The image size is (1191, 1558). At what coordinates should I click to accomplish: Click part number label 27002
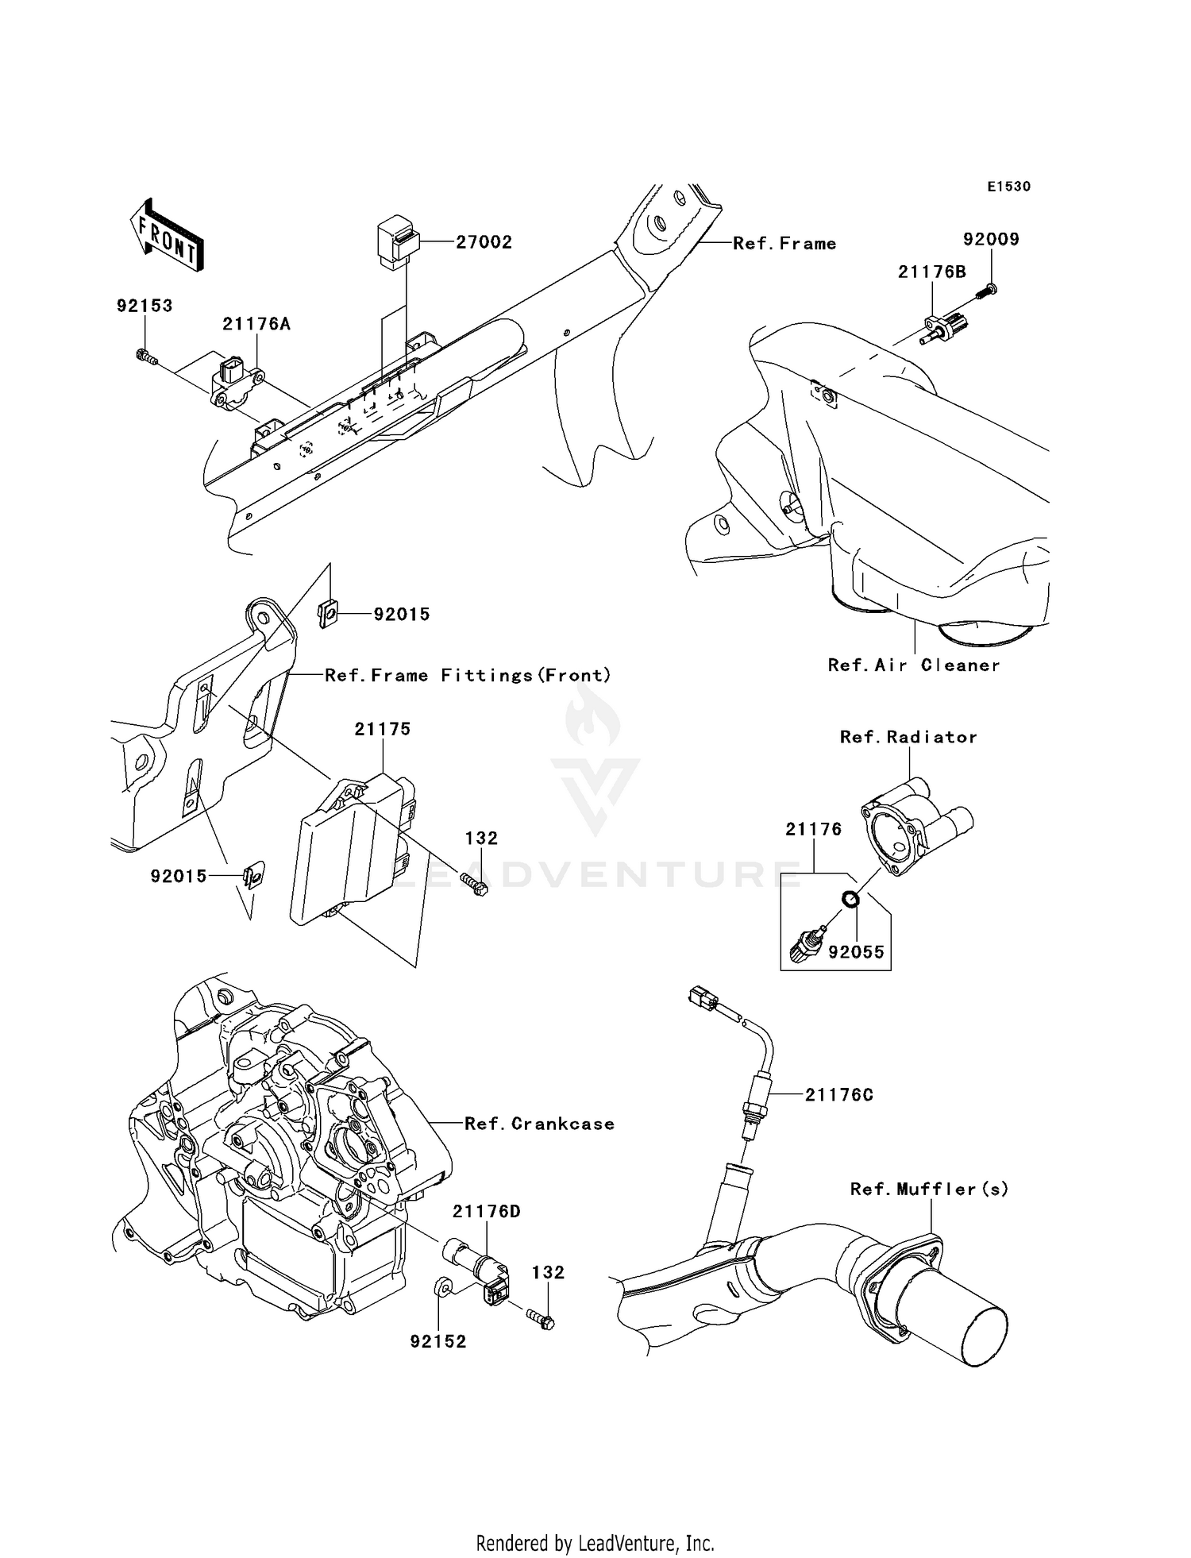(484, 242)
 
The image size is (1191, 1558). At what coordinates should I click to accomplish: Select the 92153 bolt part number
(145, 306)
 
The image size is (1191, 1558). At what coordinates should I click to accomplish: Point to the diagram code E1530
(1008, 187)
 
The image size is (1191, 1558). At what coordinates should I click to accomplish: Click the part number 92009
(991, 239)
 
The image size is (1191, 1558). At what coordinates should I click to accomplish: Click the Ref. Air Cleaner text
(913, 665)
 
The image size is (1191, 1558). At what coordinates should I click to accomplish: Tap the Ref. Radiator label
(908, 737)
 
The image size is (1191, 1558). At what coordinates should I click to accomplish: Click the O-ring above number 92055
(850, 900)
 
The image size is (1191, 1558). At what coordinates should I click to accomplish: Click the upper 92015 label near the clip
(402, 614)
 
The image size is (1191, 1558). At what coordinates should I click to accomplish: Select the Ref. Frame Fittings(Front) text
(468, 675)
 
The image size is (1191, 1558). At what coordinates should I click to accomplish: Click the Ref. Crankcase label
(539, 1124)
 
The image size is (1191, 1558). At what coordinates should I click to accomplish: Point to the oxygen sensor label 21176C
(838, 1095)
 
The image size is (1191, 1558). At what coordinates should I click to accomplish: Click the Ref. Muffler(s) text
(929, 1189)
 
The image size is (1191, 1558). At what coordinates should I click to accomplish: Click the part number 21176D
(486, 1211)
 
